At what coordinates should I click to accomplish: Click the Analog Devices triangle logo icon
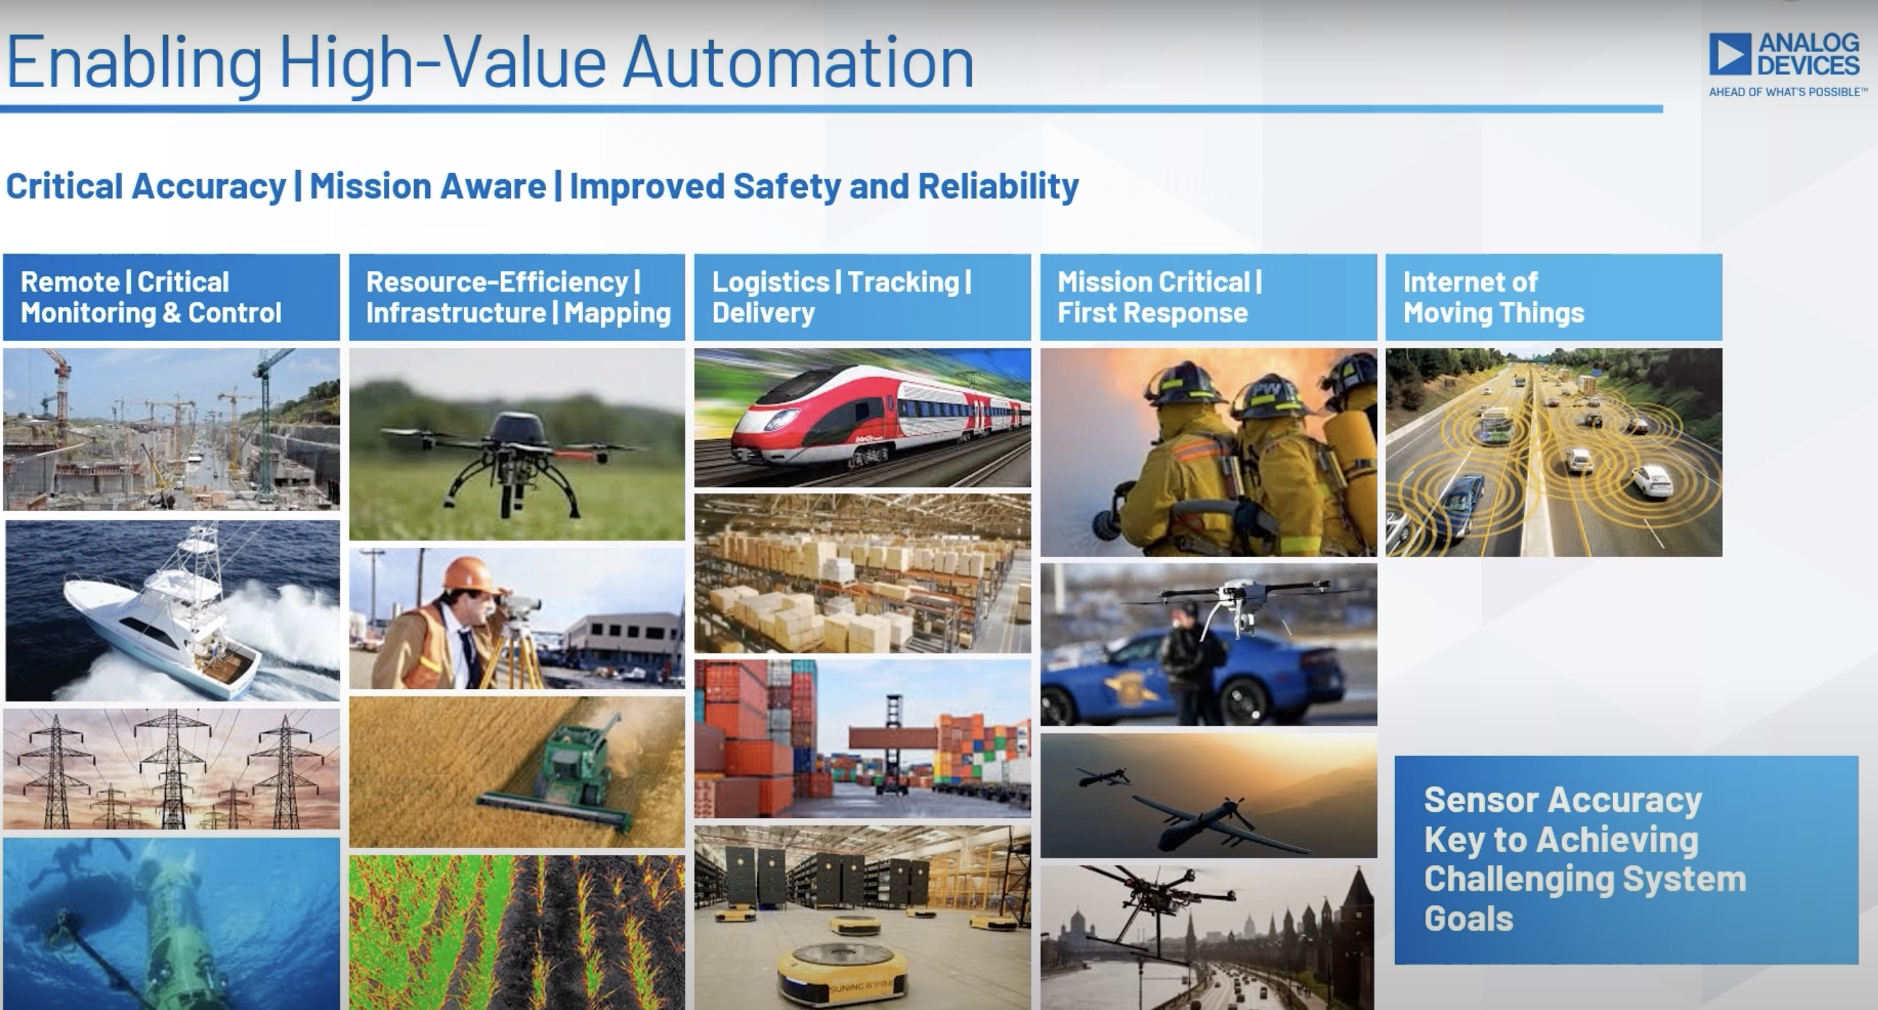click(1730, 54)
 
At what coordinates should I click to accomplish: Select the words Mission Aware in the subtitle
click(428, 186)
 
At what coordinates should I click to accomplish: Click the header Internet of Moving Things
click(1494, 297)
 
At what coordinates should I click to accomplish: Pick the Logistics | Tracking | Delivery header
click(842, 297)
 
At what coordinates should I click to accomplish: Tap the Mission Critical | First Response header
click(1160, 297)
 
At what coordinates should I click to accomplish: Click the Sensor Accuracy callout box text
click(1585, 859)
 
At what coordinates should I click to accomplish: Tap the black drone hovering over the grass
click(514, 460)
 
